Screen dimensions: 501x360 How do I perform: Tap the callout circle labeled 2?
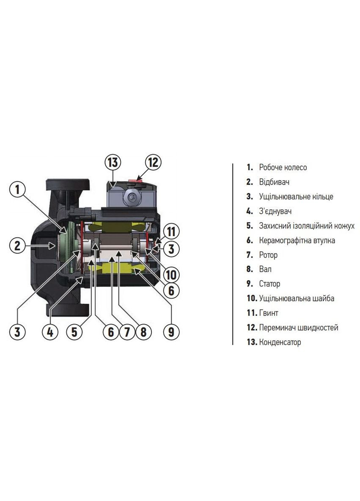click(x=17, y=245)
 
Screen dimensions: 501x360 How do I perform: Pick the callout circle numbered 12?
click(x=153, y=162)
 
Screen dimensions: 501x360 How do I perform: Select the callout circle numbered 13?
click(x=113, y=162)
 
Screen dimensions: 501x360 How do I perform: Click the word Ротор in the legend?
click(x=268, y=255)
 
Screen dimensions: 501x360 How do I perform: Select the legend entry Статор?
click(x=269, y=284)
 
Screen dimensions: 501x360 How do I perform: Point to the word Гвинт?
click(x=269, y=313)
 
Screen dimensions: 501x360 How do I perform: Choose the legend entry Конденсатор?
click(x=280, y=342)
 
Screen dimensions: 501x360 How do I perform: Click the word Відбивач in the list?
click(x=274, y=182)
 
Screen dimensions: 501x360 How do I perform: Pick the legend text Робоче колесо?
click(x=283, y=167)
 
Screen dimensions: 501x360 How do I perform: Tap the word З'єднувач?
click(x=275, y=211)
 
